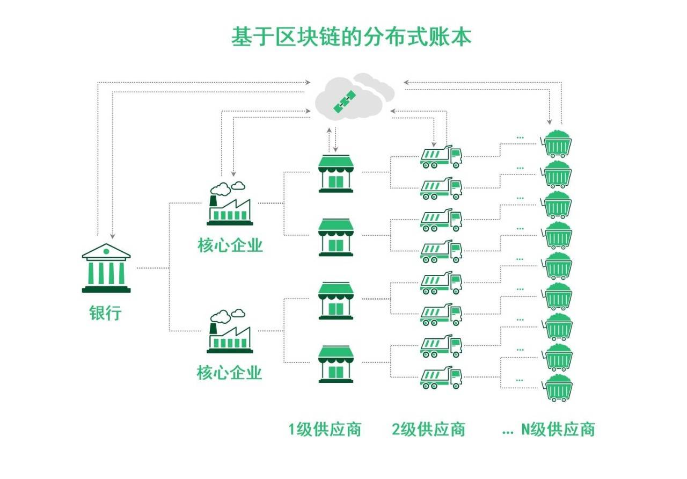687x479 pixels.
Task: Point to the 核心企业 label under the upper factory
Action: pyautogui.click(x=230, y=245)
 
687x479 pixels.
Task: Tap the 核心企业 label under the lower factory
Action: pyautogui.click(x=230, y=372)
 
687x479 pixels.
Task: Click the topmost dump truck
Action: pyautogui.click(x=441, y=156)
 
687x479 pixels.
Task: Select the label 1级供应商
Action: pyautogui.click(x=325, y=430)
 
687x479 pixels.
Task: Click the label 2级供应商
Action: pyautogui.click(x=428, y=430)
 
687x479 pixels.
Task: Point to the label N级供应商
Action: pyautogui.click(x=558, y=430)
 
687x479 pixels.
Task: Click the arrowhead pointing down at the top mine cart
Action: pyautogui.click(x=549, y=121)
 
